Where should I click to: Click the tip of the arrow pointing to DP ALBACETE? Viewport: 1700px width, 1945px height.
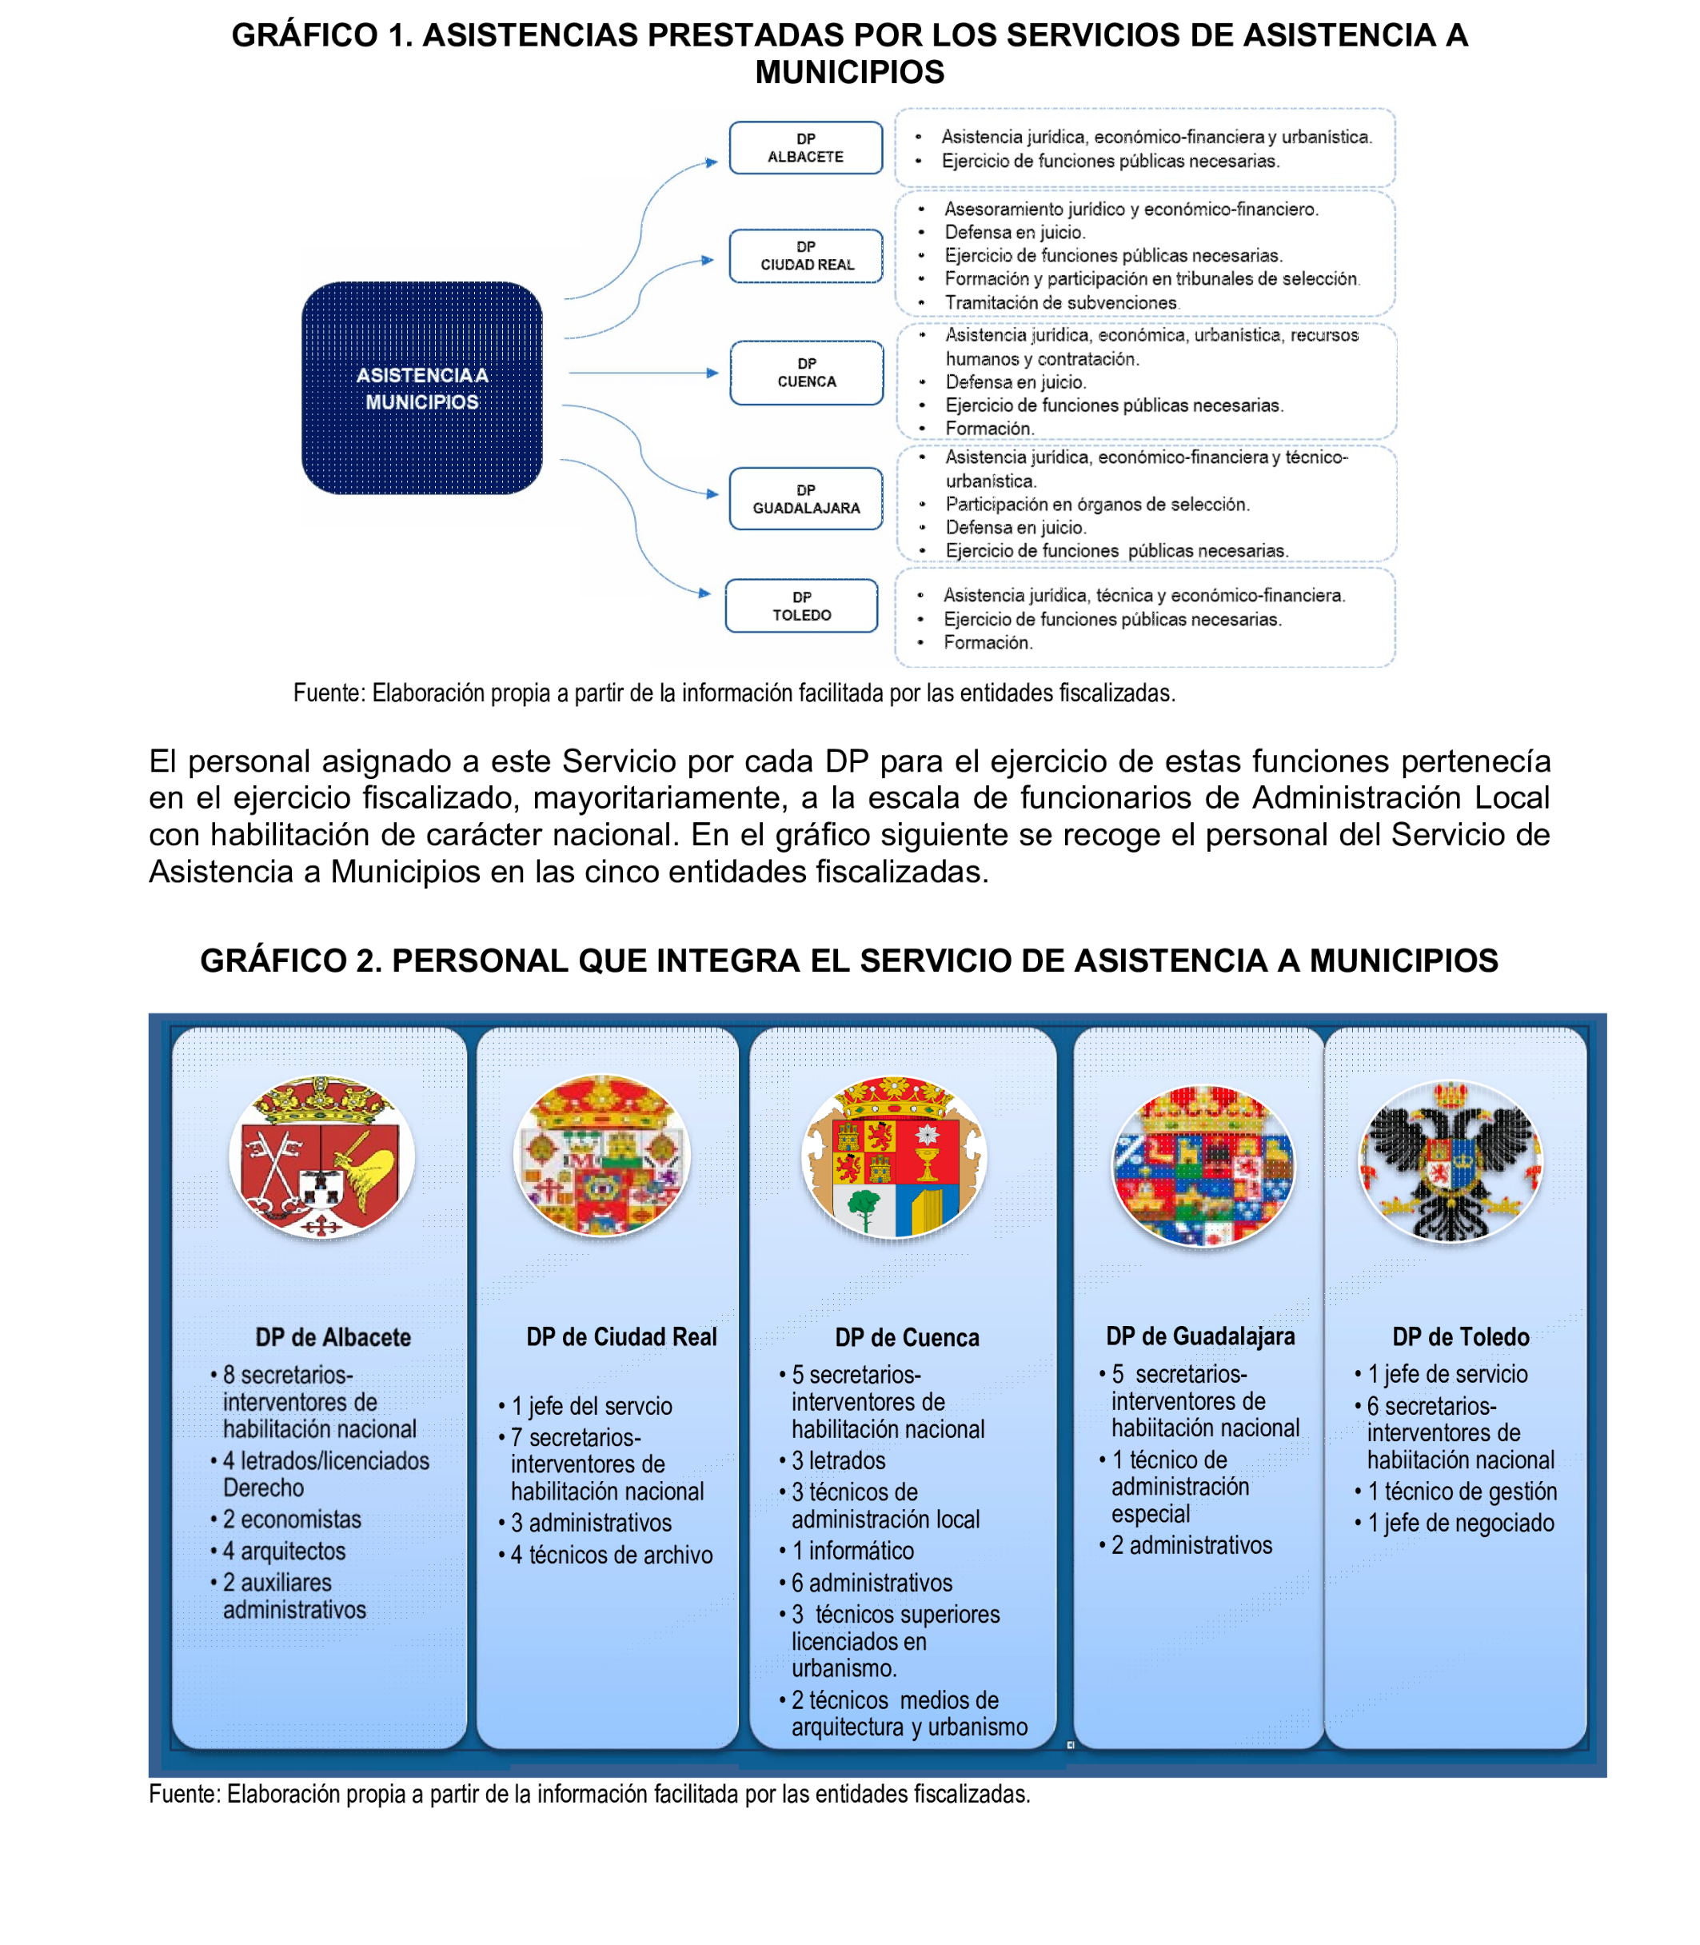pyautogui.click(x=719, y=162)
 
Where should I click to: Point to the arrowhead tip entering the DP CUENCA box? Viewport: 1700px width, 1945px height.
pyautogui.click(x=720, y=373)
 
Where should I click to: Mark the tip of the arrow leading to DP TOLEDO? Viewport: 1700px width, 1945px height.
pyautogui.click(x=712, y=594)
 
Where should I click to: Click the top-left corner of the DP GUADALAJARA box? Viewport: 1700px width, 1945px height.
pyautogui.click(x=731, y=468)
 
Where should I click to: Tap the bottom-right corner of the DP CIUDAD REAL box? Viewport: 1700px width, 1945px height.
pyautogui.click(x=882, y=283)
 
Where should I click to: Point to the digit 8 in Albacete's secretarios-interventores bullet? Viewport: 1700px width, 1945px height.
pyautogui.click(x=229, y=1375)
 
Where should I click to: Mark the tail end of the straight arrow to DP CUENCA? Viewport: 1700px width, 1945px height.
pyautogui.click(x=569, y=373)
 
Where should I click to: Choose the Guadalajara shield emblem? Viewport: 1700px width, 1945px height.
pyautogui.click(x=1203, y=1165)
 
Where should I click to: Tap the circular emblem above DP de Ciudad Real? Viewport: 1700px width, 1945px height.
pyautogui.click(x=601, y=1156)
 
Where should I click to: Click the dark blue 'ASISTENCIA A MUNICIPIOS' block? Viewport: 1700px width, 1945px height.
pyautogui.click(x=422, y=388)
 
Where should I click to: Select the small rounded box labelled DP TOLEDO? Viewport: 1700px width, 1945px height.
pyautogui.click(x=801, y=605)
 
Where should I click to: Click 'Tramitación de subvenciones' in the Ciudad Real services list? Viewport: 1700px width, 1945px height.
pyautogui.click(x=1060, y=302)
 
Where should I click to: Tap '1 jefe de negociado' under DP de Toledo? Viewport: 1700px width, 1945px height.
pyautogui.click(x=1461, y=1523)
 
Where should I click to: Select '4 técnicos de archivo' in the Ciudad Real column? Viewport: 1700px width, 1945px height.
pyautogui.click(x=612, y=1555)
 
